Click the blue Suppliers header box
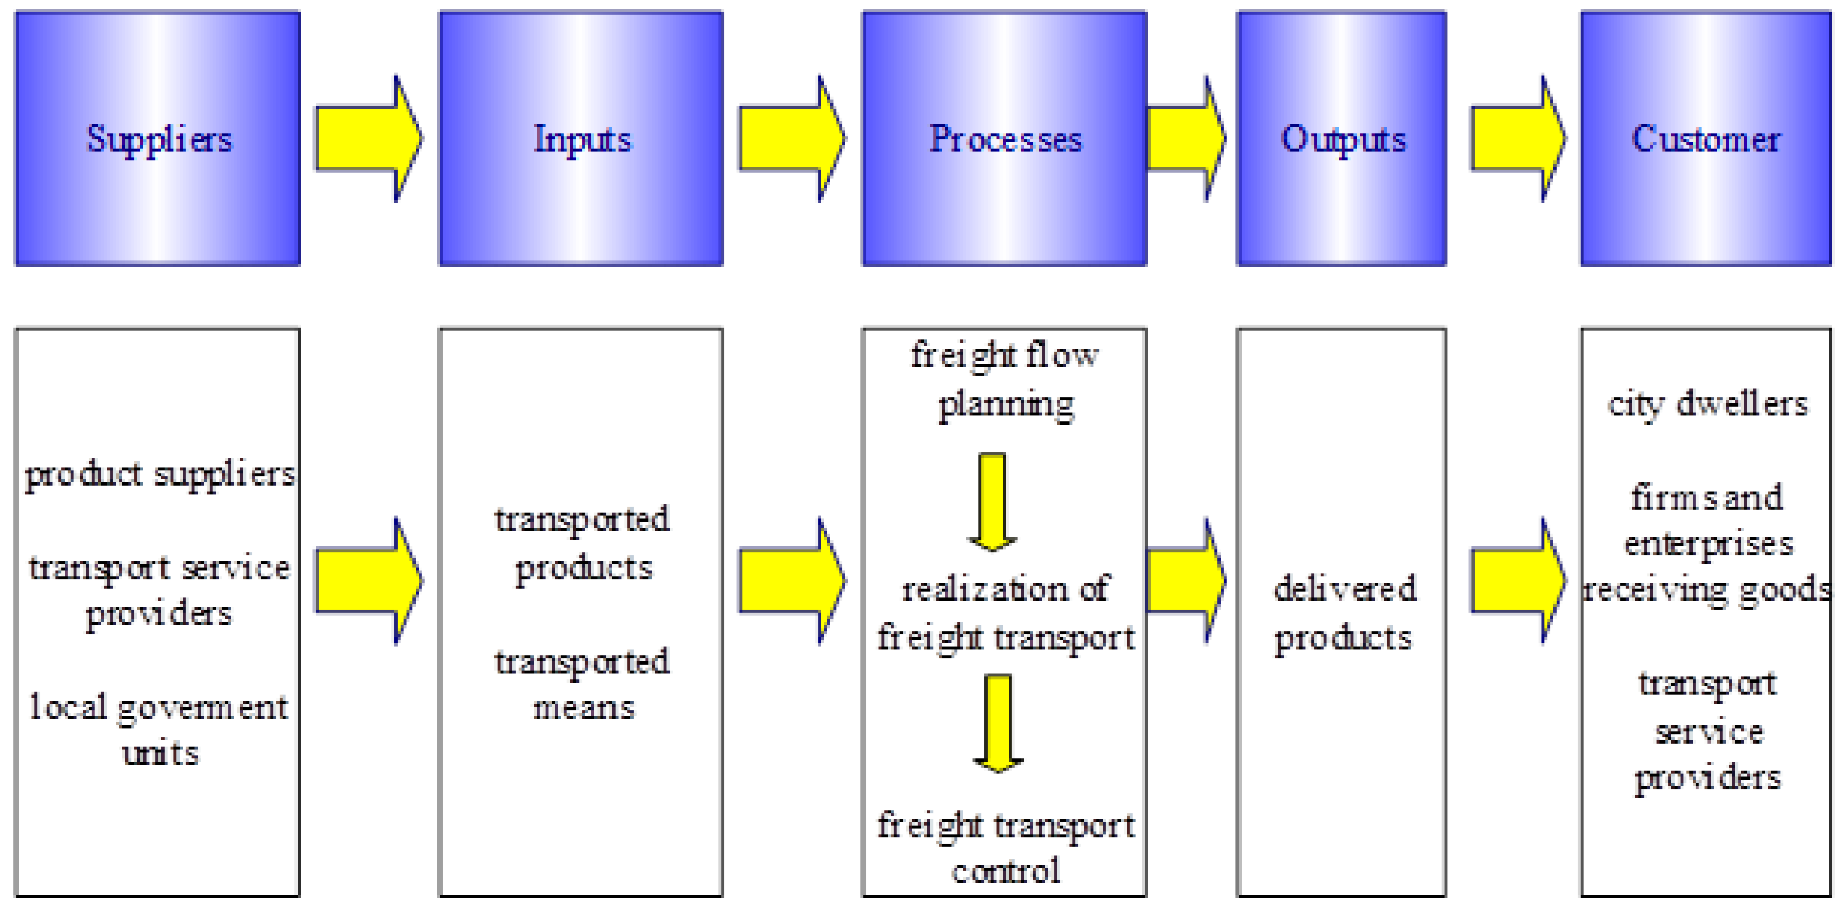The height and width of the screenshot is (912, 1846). [x=157, y=139]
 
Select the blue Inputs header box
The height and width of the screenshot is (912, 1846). [x=581, y=139]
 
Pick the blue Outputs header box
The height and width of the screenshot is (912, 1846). [x=1342, y=139]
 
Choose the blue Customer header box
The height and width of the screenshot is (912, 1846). [x=1706, y=139]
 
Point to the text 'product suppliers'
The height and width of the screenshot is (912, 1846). [x=159, y=474]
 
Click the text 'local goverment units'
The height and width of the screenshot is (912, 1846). [x=158, y=730]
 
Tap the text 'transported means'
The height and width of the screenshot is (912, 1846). [x=582, y=684]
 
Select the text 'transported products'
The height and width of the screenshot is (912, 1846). [x=582, y=543]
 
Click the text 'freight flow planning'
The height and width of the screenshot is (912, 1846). [x=1005, y=379]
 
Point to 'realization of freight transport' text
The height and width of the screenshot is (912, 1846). [x=1006, y=613]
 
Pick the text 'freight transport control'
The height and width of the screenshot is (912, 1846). [x=1006, y=848]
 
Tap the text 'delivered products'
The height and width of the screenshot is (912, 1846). [x=1344, y=613]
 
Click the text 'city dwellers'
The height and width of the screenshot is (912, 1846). [x=1707, y=404]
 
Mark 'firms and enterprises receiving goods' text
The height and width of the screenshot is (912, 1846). [x=1707, y=543]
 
